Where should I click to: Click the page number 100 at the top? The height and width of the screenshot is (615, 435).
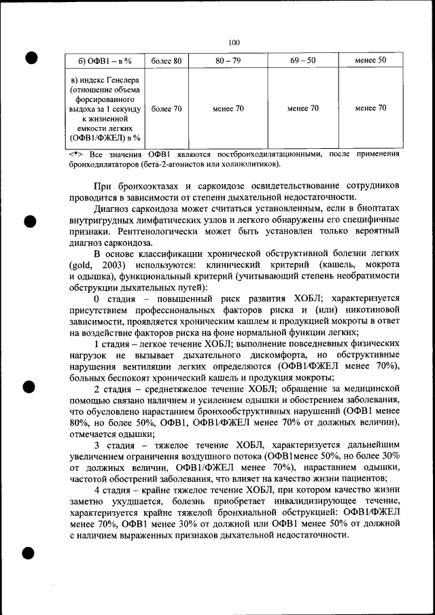tap(234, 42)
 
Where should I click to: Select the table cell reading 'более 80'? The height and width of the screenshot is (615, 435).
tap(166, 61)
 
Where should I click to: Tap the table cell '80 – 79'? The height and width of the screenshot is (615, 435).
tap(228, 61)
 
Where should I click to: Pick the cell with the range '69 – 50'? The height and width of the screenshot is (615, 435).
tap(302, 61)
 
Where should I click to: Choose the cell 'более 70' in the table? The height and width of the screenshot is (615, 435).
tap(166, 108)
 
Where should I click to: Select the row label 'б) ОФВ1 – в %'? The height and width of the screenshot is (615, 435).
tap(101, 62)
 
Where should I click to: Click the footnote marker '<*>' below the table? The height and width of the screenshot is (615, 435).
tap(76, 154)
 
